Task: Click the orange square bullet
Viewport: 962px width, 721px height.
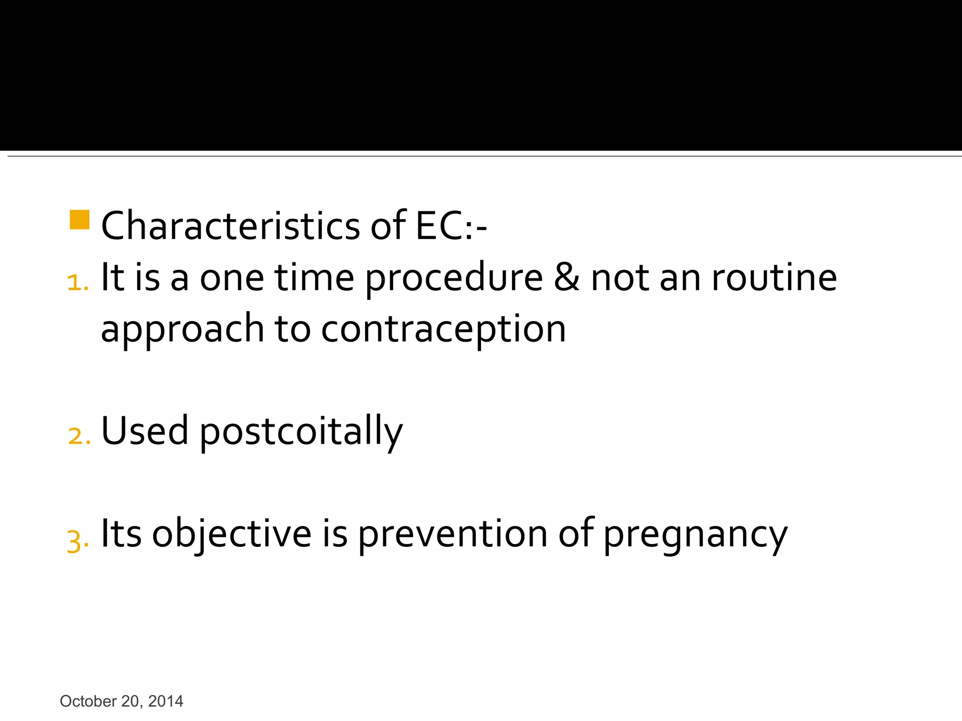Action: pyautogui.click(x=79, y=220)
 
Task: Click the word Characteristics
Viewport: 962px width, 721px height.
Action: pyautogui.click(x=231, y=226)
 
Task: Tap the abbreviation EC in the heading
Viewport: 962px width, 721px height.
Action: pyautogui.click(x=439, y=226)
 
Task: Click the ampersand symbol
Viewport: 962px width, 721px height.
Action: pyautogui.click(x=566, y=277)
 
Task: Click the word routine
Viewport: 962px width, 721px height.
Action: pyautogui.click(x=774, y=277)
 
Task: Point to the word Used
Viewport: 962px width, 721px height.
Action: pyautogui.click(x=145, y=430)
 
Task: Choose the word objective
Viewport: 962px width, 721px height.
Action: pyautogui.click(x=232, y=534)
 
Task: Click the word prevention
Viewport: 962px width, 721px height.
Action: pyautogui.click(x=453, y=534)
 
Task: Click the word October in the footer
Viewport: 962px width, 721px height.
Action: pyautogui.click(x=88, y=701)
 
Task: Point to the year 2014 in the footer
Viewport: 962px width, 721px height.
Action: pyautogui.click(x=165, y=701)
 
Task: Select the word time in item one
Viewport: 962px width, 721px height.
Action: pyautogui.click(x=314, y=277)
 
